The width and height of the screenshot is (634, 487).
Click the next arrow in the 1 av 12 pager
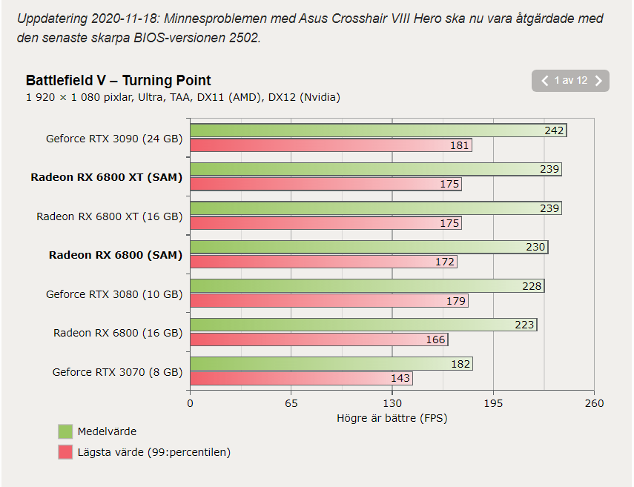pos(598,81)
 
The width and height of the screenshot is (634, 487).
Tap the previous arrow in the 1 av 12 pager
pos(544,81)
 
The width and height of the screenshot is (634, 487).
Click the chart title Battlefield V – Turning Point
pos(119,81)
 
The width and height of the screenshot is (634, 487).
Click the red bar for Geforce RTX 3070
pos(297,378)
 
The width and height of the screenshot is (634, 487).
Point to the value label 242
pos(554,131)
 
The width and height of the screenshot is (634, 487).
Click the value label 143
pos(400,378)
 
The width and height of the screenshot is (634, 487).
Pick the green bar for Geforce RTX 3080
pos(363,286)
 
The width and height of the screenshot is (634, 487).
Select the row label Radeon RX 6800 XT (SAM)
pos(106,177)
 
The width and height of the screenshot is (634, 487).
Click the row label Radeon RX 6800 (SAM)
pos(115,255)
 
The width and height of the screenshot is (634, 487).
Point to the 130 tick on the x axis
pos(392,403)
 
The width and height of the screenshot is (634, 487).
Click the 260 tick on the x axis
pos(593,403)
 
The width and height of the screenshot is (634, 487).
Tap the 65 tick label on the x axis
pos(291,403)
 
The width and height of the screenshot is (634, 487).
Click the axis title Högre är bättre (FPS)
pos(392,418)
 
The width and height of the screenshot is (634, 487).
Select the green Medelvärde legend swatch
pos(65,431)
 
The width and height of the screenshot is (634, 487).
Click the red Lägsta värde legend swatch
pos(65,452)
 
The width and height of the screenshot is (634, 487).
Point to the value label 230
pos(535,247)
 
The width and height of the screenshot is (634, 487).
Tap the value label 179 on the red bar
pos(456,301)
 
